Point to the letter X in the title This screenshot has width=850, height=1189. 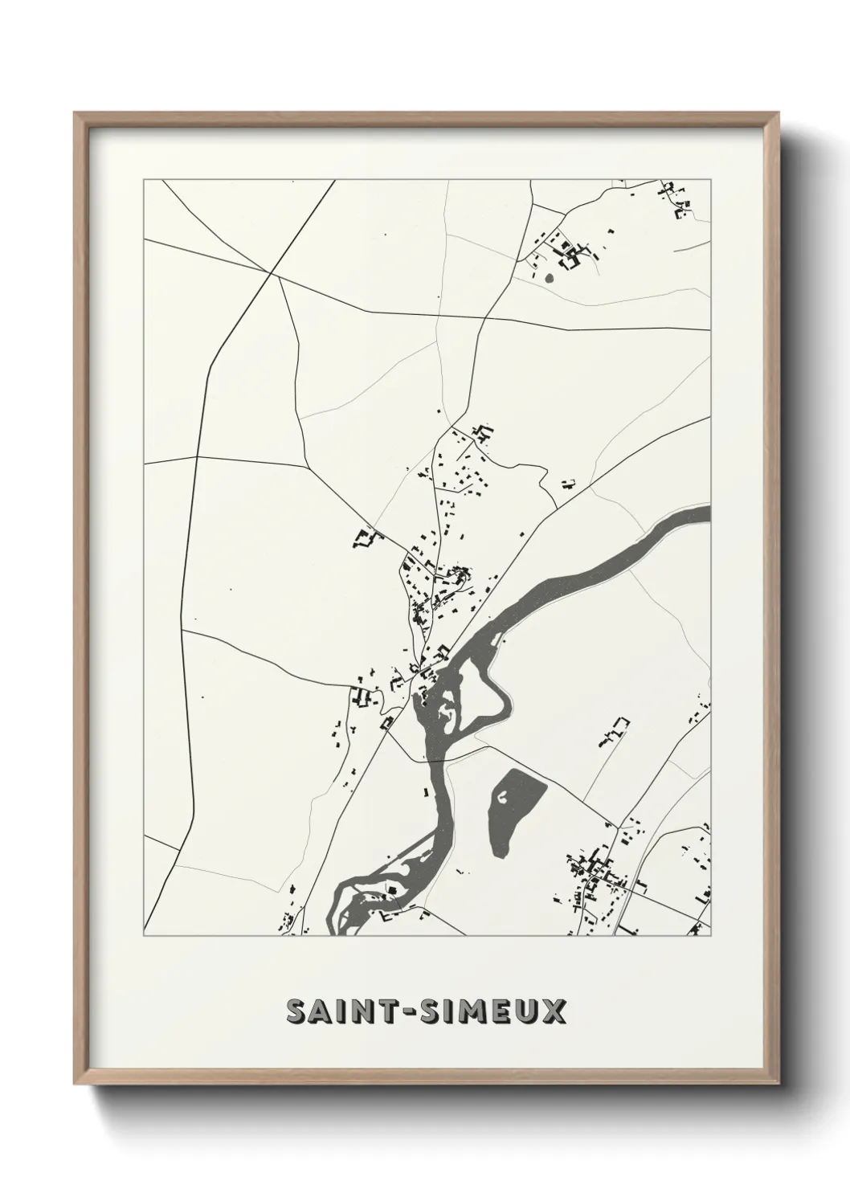pyautogui.click(x=554, y=1012)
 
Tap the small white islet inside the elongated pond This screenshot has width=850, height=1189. pyautogui.click(x=503, y=797)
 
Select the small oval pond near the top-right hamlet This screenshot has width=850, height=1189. pyautogui.click(x=550, y=279)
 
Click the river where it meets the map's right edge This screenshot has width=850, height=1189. pyautogui.click(x=704, y=513)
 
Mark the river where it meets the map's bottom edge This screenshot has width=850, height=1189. pyautogui.click(x=340, y=930)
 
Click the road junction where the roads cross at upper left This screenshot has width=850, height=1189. pyautogui.click(x=276, y=275)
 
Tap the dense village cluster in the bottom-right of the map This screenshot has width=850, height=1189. pyautogui.click(x=599, y=876)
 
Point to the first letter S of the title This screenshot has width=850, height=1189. pyautogui.click(x=296, y=1012)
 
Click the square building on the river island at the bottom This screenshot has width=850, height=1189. pyautogui.click(x=390, y=889)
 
